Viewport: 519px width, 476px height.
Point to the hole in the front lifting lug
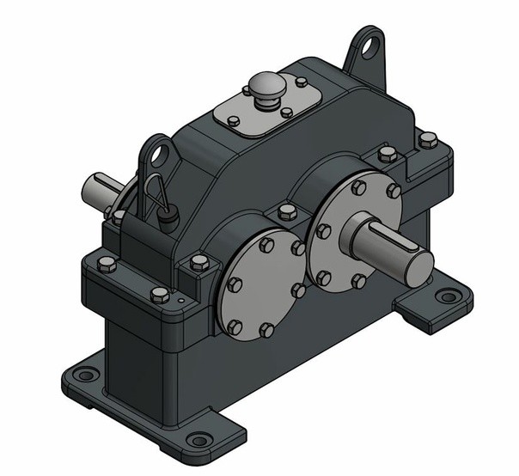click(x=157, y=155)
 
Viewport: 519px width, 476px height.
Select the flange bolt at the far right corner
click(x=427, y=139)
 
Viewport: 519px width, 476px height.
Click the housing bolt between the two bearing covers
click(x=285, y=211)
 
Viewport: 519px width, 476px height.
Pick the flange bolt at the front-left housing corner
click(x=107, y=262)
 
